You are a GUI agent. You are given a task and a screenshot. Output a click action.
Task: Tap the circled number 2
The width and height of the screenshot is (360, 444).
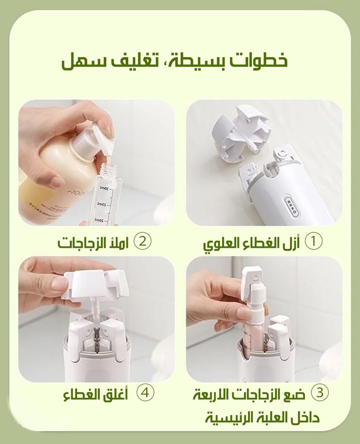click(x=142, y=242)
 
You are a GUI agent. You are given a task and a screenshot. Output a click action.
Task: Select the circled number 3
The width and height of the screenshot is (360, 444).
click(x=320, y=393)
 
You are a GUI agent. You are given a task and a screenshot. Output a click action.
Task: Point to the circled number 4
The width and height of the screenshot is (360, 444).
click(x=145, y=393)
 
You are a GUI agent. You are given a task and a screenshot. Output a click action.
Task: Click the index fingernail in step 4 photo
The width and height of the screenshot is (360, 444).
click(x=59, y=283)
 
